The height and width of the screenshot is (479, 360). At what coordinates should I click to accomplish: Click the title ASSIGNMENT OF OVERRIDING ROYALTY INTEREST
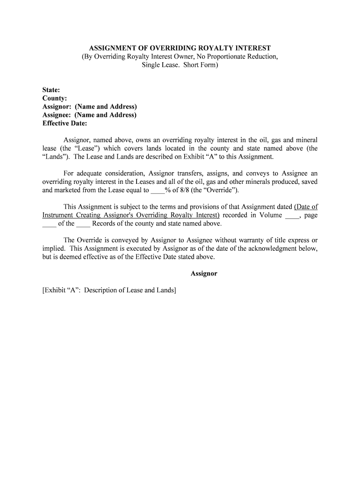180,48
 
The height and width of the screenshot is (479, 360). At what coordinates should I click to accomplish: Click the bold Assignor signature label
204,273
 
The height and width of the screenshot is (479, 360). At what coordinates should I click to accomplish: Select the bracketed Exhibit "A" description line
109,290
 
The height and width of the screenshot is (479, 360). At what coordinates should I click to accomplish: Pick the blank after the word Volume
292,215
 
